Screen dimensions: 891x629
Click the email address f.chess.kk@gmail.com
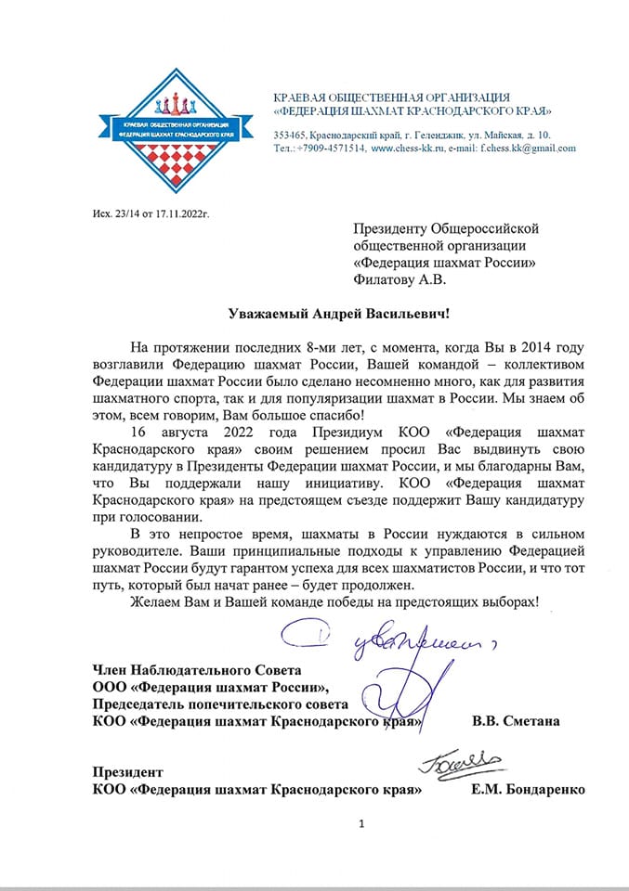[526, 148]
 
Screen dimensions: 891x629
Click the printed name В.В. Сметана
[515, 720]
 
